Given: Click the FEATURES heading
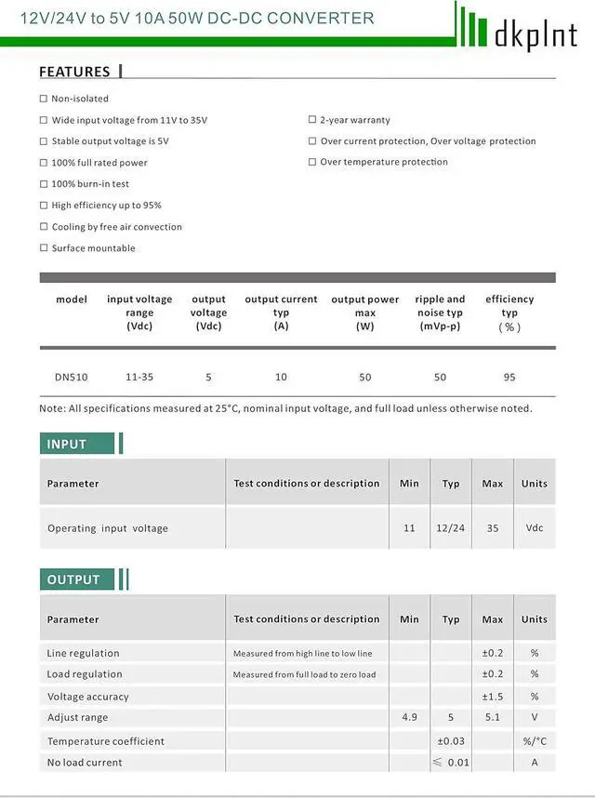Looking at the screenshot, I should pyautogui.click(x=74, y=72).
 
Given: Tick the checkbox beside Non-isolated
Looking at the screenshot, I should pyautogui.click(x=44, y=99).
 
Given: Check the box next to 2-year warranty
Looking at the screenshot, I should pyautogui.click(x=312, y=120).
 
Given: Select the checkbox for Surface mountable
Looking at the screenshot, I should pyautogui.click(x=44, y=248).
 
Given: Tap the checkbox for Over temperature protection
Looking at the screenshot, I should pyautogui.click(x=312, y=162).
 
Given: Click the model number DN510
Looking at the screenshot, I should pyautogui.click(x=71, y=377).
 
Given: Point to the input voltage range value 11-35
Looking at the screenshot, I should pyautogui.click(x=139, y=377).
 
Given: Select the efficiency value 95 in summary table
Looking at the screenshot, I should pyautogui.click(x=509, y=377).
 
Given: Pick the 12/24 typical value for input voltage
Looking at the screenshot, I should pyautogui.click(x=451, y=528).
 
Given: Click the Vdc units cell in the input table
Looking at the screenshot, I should pyautogui.click(x=535, y=528).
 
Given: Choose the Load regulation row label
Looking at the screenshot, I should pyautogui.click(x=85, y=674).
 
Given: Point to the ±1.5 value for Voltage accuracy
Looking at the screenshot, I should pyautogui.click(x=493, y=697).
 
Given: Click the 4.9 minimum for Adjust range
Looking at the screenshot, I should pyautogui.click(x=409, y=717).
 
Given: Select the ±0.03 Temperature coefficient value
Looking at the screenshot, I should pyautogui.click(x=451, y=741).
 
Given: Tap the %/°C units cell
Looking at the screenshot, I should pyautogui.click(x=535, y=741).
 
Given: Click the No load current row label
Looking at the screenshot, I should pyautogui.click(x=85, y=763).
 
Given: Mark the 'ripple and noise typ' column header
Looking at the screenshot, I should pyautogui.click(x=441, y=313).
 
